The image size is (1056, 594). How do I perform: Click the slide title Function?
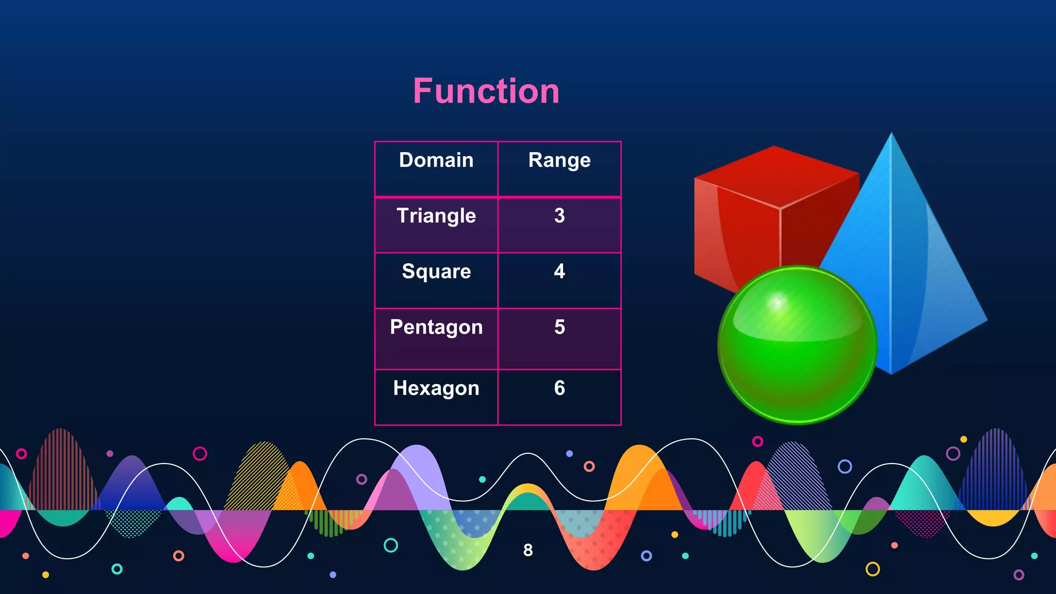coord(486,91)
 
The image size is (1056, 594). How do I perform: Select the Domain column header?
coord(436,160)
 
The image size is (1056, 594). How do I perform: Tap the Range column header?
coord(559,160)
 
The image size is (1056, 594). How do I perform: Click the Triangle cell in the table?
coord(436,216)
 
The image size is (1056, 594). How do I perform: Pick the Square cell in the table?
coord(436,272)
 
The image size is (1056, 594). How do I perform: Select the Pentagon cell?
coord(436,327)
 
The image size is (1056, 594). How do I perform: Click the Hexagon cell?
coord(436,388)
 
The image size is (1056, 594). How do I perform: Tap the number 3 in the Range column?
coord(559,216)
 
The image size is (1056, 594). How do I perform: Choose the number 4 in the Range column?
coord(559,271)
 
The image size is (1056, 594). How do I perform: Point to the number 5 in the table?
coord(559,327)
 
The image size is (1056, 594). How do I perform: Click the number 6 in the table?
coord(559,388)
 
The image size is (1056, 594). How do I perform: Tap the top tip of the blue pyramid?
coord(892,135)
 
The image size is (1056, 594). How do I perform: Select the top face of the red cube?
coord(776,175)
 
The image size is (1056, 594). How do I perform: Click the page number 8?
coord(528,550)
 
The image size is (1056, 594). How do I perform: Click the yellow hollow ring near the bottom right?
coord(872,569)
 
